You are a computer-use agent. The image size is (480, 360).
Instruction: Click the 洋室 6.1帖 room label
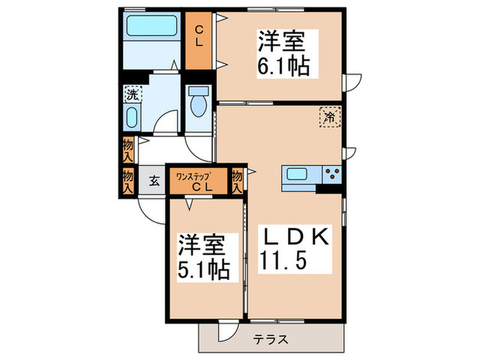282,53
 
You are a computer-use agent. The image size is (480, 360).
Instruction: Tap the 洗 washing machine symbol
131,95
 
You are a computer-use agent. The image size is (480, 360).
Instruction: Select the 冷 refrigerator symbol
330,117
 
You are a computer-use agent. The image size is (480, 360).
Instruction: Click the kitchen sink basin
300,175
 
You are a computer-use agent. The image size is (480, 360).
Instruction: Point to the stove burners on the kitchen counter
332,175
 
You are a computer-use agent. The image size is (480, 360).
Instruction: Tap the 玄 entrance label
154,182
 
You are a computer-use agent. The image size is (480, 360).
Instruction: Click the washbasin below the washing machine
132,117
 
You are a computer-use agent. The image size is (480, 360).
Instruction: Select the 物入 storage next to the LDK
238,181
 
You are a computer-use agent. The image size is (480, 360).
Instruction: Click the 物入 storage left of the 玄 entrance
128,181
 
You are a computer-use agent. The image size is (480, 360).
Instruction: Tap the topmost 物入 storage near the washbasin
128,149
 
